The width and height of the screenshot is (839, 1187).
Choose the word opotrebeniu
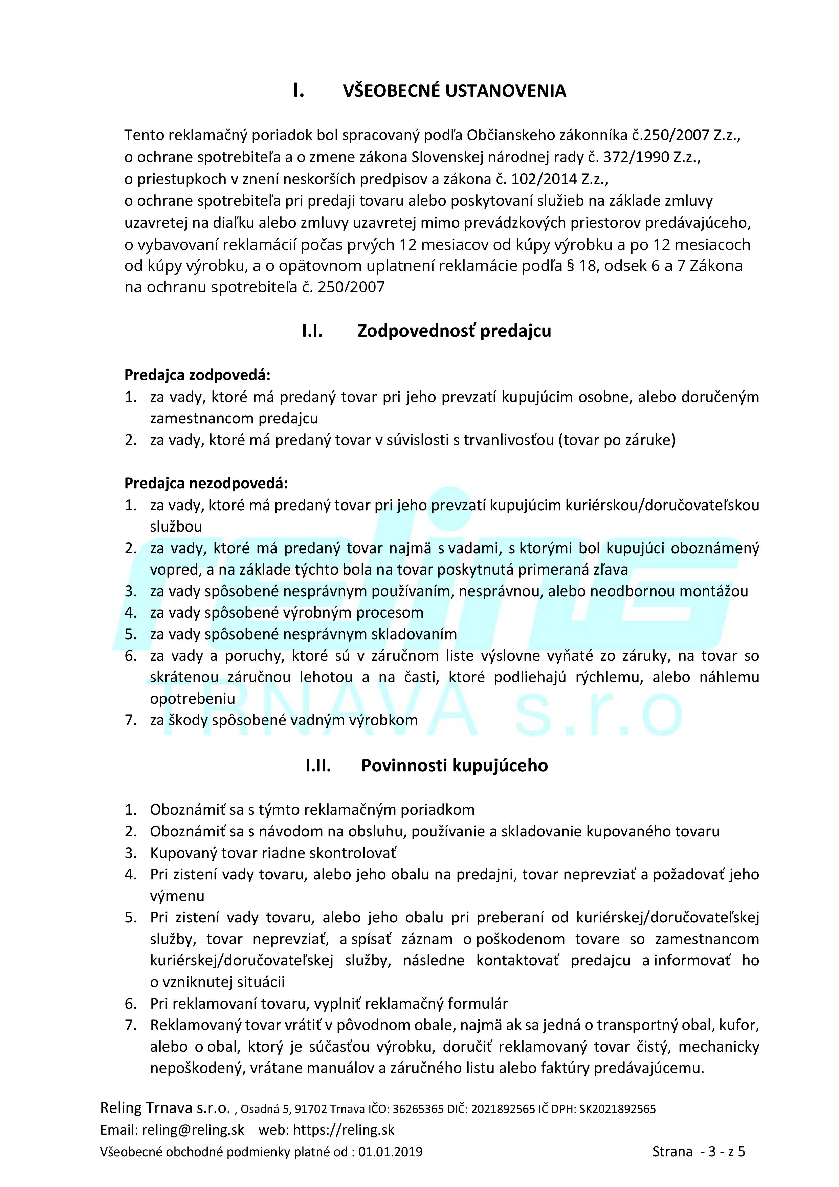tap(192, 699)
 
